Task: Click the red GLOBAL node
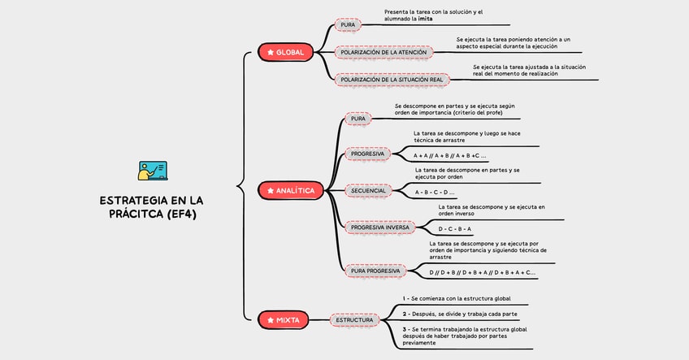pos(284,52)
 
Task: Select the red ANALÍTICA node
pos(289,190)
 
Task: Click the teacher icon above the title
pos(153,171)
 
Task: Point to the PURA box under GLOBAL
pos(348,25)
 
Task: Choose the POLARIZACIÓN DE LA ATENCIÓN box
pos(383,52)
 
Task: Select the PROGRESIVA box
pos(368,154)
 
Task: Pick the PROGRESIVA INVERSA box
pos(379,228)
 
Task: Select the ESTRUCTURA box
pos(355,320)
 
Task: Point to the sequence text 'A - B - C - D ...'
pos(435,193)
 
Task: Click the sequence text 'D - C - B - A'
pos(455,229)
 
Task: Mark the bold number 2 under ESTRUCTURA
pos(405,313)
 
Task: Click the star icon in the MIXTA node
pos(271,320)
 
